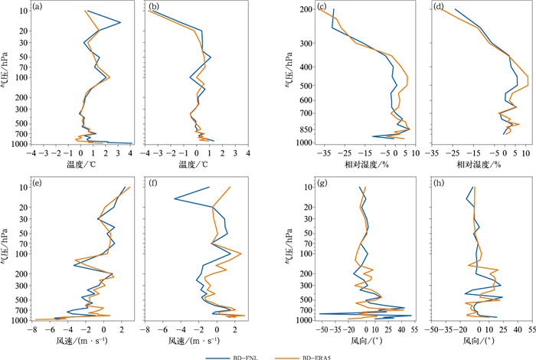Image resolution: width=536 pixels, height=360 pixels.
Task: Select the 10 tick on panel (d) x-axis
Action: tap(525, 154)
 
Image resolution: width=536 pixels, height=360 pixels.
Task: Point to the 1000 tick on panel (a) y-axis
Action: tap(18, 143)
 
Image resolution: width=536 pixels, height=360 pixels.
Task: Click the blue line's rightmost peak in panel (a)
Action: tap(120, 22)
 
